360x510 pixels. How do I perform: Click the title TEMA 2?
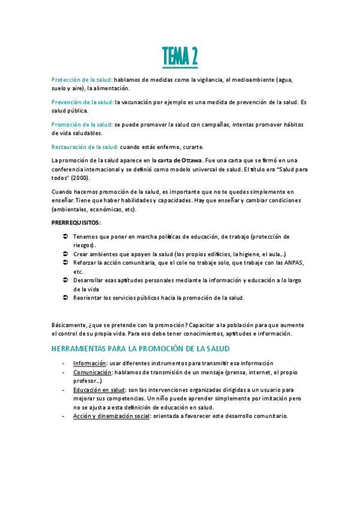180,57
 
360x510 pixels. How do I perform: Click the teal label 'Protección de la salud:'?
82,79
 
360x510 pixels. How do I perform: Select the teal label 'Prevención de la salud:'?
82,102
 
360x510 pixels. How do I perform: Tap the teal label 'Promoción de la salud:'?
82,124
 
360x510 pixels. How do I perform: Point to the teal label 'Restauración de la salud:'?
85,147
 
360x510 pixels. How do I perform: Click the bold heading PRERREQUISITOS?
76,223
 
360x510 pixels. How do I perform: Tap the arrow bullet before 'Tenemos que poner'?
66,236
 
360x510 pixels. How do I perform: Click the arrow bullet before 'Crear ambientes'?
66,254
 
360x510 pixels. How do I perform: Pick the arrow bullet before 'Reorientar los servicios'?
66,298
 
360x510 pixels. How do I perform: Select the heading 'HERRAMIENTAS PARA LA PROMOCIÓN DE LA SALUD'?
141,349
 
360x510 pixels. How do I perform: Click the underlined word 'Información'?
90,363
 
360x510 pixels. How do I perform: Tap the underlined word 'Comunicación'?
93,372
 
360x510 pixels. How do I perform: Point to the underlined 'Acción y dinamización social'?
111,416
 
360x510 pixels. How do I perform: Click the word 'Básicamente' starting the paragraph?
69,325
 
